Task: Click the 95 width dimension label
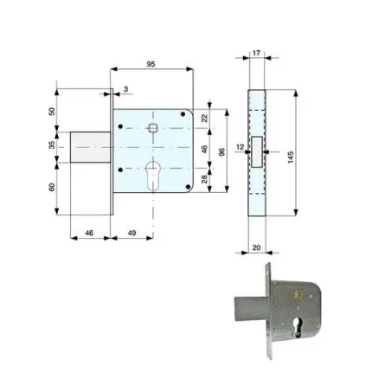pos(151,64)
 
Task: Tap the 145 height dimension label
pos(291,157)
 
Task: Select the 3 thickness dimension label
pos(125,89)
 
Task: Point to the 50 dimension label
pos(52,112)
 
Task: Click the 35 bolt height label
pos(52,144)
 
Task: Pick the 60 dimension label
pos(52,187)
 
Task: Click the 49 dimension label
pos(131,233)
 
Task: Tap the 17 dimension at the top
pos(256,53)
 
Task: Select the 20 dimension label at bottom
pos(256,247)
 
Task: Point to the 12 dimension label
pos(240,147)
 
